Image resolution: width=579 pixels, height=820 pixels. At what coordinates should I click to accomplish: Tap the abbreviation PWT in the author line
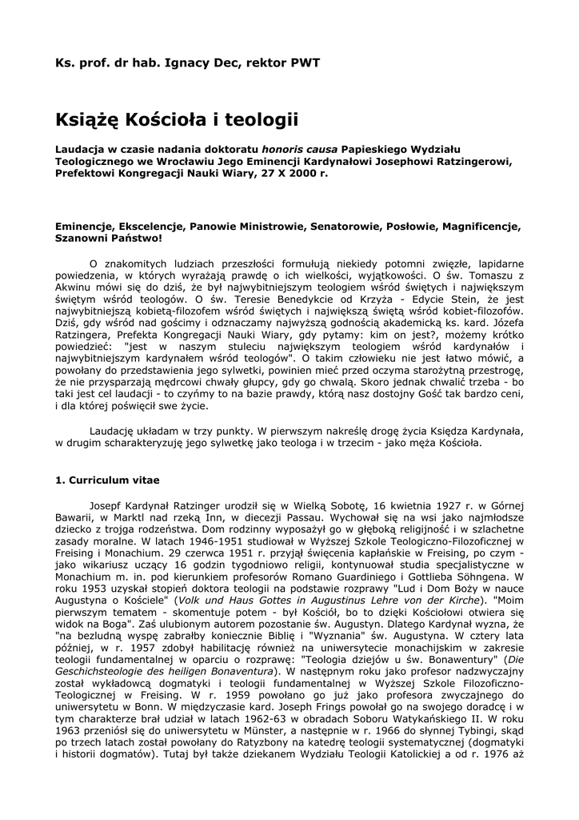[305, 62]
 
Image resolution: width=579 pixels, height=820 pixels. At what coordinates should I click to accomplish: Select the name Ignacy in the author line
[179, 62]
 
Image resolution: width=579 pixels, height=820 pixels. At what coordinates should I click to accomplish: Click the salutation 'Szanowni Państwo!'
[108, 238]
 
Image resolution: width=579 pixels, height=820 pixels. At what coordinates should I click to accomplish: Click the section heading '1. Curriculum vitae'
[107, 480]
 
